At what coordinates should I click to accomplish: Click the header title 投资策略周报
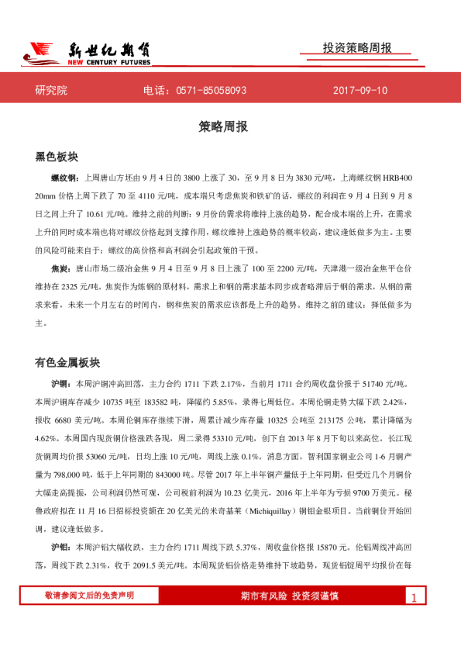click(357, 48)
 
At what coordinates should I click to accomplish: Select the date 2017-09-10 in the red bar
click(360, 91)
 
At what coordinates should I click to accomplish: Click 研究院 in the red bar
click(51, 91)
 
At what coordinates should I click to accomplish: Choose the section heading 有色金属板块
click(67, 362)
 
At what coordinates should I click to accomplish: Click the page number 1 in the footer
click(415, 597)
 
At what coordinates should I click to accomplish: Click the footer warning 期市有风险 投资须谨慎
click(290, 596)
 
